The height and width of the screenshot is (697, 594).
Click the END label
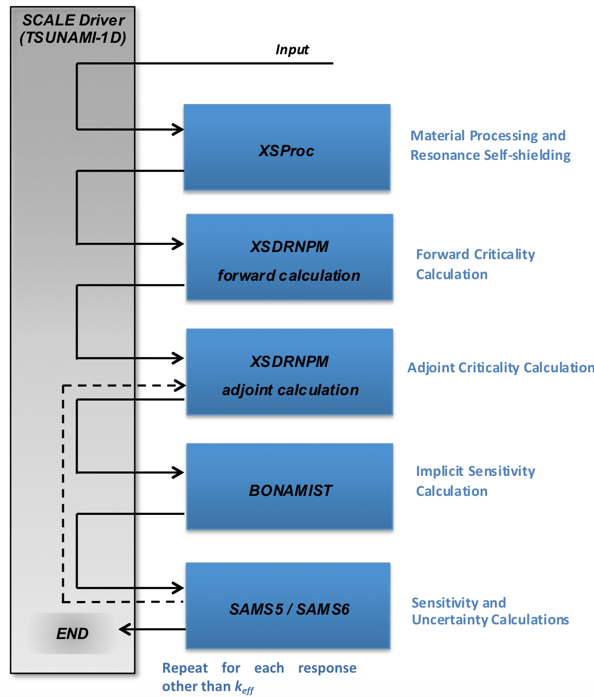(72, 634)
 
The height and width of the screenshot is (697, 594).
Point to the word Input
(292, 50)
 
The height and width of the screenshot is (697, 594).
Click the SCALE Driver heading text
(73, 21)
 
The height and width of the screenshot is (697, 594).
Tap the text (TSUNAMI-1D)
(73, 38)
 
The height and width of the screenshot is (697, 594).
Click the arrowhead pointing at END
(125, 629)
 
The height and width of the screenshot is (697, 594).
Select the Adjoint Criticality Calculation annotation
(500, 367)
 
